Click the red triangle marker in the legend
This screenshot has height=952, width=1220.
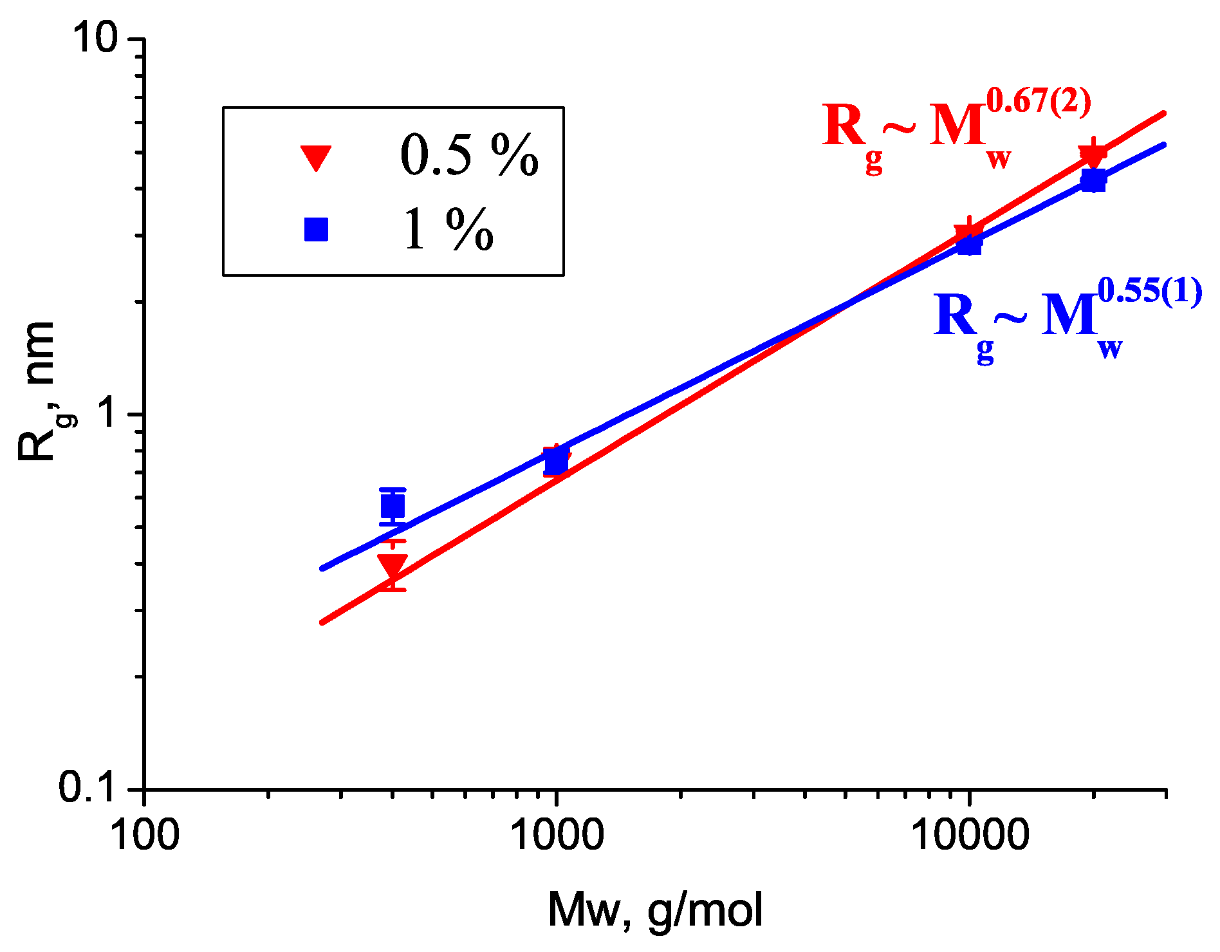click(x=316, y=157)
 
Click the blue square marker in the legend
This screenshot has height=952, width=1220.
click(x=316, y=229)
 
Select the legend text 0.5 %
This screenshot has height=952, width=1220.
click(x=469, y=156)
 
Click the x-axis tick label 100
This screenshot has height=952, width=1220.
click(x=144, y=835)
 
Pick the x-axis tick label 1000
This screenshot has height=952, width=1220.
click(x=556, y=835)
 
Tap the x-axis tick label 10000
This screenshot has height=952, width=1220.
click(x=969, y=835)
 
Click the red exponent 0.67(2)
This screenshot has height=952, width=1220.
click(x=1039, y=103)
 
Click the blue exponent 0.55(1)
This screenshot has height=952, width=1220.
click(x=1149, y=292)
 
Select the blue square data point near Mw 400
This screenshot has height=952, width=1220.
click(x=393, y=507)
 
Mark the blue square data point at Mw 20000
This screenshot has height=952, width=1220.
click(x=1093, y=180)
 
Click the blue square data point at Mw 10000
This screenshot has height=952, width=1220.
click(x=969, y=245)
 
